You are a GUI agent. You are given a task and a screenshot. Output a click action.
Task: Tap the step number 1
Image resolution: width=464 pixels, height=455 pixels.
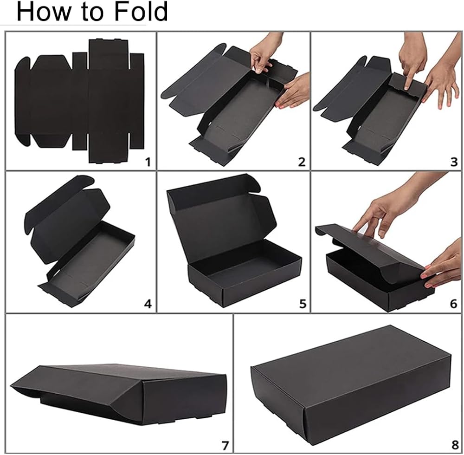coord(148,162)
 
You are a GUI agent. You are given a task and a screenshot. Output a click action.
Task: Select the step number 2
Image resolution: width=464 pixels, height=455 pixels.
coord(302,162)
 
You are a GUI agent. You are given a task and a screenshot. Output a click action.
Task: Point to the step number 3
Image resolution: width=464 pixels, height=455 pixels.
coord(454,162)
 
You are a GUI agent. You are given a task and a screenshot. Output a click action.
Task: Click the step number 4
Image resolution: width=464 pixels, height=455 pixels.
coord(148,304)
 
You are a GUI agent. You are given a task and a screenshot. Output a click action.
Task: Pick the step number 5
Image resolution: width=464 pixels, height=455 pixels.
coord(303,304)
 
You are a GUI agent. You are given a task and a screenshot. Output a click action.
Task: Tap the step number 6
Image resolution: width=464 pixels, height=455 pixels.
coord(454,304)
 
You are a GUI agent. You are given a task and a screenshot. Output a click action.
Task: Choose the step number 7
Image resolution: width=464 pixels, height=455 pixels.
coord(225,445)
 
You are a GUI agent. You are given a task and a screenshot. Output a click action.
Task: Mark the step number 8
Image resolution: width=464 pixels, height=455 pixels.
coord(455,445)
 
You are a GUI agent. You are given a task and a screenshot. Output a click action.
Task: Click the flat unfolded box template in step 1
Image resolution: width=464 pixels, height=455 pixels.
coord(79,101)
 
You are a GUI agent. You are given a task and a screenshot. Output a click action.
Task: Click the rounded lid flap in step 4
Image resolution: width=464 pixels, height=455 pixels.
coord(59,204)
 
